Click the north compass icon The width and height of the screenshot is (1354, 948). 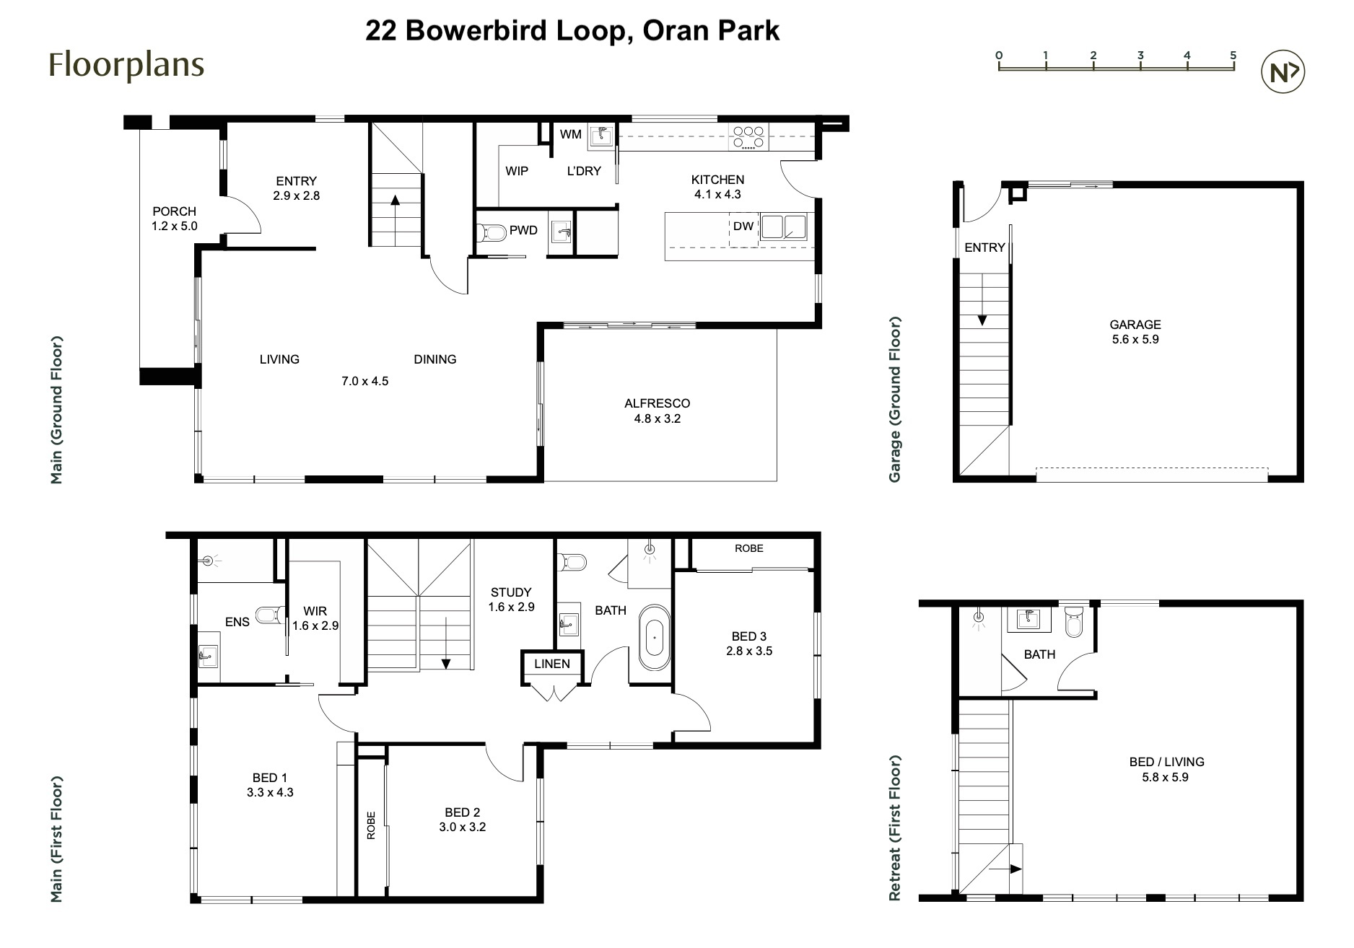pyautogui.click(x=1283, y=72)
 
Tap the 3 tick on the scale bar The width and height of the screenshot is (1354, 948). pyautogui.click(x=1140, y=65)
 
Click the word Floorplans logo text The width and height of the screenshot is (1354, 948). pyautogui.click(x=126, y=65)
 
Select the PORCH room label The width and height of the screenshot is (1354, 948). pyautogui.click(x=174, y=211)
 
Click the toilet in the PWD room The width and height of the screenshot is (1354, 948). pyautogui.click(x=492, y=232)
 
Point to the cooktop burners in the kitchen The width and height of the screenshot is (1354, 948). pyautogui.click(x=748, y=137)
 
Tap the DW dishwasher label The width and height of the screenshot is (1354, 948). pyautogui.click(x=743, y=227)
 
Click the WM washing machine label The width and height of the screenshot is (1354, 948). pyautogui.click(x=570, y=134)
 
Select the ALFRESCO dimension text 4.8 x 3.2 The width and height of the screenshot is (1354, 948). pyautogui.click(x=657, y=418)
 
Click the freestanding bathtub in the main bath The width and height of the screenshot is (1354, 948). pyautogui.click(x=655, y=638)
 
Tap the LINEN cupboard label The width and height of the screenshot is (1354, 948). pyautogui.click(x=552, y=664)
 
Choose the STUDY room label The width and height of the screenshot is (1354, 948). pyautogui.click(x=511, y=592)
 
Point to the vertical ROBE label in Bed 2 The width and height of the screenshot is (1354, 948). pyautogui.click(x=371, y=825)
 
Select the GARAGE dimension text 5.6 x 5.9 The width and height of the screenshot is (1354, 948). pyautogui.click(x=1135, y=339)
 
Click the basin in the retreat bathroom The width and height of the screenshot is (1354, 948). pyautogui.click(x=1028, y=619)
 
